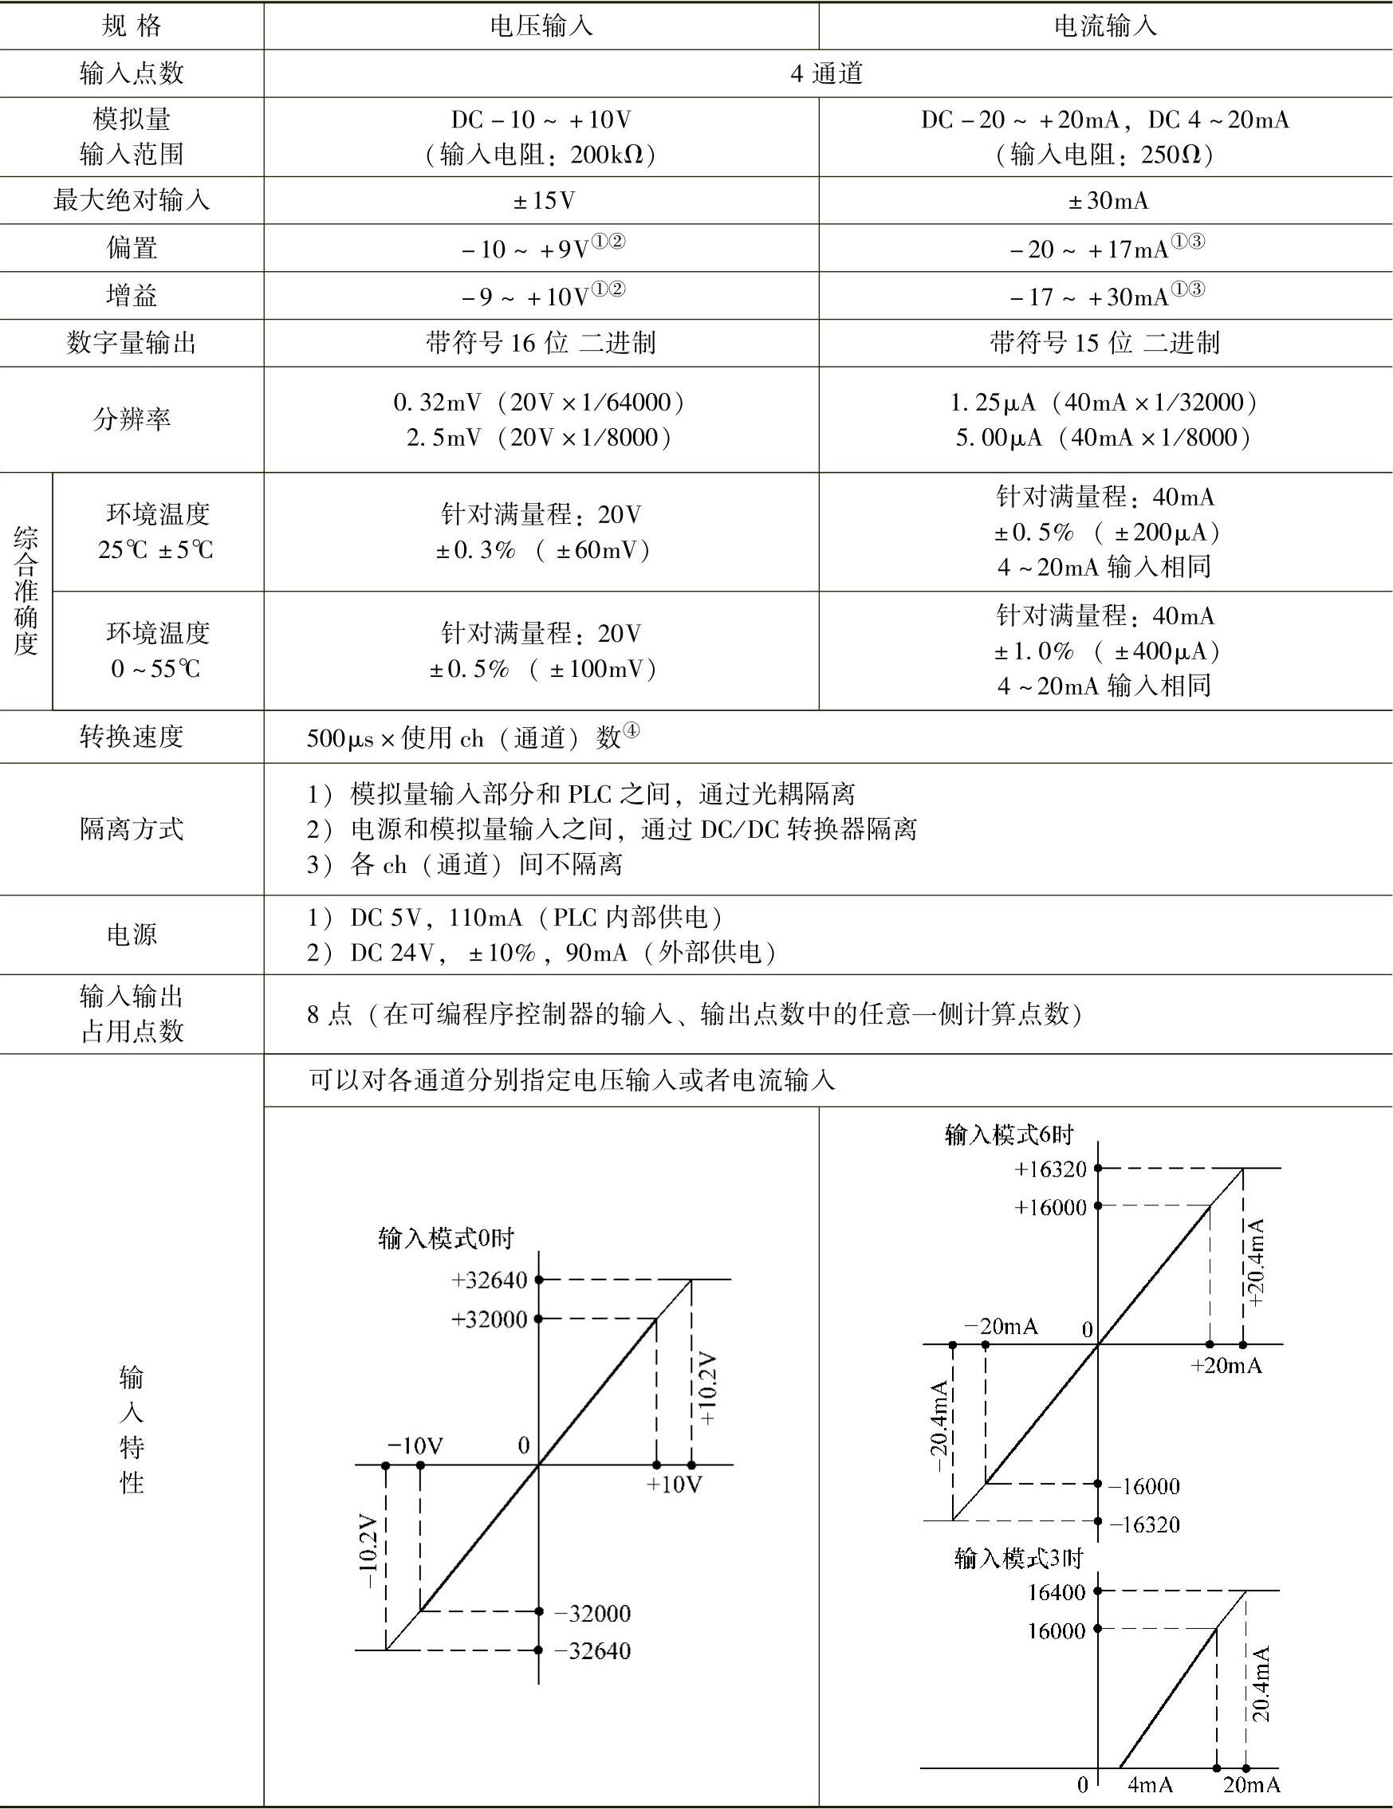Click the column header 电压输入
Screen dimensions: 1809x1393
pos(541,26)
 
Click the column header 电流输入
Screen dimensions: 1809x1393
pos(1105,26)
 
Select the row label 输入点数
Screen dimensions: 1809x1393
pos(132,73)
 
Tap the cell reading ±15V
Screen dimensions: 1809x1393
pos(543,200)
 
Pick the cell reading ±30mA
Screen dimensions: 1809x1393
pos(1108,200)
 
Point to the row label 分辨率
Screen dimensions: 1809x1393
pos(132,419)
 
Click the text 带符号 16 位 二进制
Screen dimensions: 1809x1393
pos(541,343)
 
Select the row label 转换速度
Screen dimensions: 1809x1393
pos(132,736)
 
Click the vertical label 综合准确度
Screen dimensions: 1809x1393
pos(26,591)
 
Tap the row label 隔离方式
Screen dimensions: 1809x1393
pos(132,828)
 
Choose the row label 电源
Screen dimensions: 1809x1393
pos(132,934)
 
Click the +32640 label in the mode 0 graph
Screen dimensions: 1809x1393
pos(489,1280)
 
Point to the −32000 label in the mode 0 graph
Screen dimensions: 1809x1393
pos(592,1614)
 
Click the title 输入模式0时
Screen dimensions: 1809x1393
pos(446,1238)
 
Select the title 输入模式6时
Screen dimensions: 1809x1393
pos(1009,1135)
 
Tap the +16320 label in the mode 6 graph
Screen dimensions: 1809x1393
pos(1050,1170)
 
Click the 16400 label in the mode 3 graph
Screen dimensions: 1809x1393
pos(1056,1592)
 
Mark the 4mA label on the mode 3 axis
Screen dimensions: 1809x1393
pos(1150,1784)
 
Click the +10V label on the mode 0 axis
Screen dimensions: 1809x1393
pos(674,1485)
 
